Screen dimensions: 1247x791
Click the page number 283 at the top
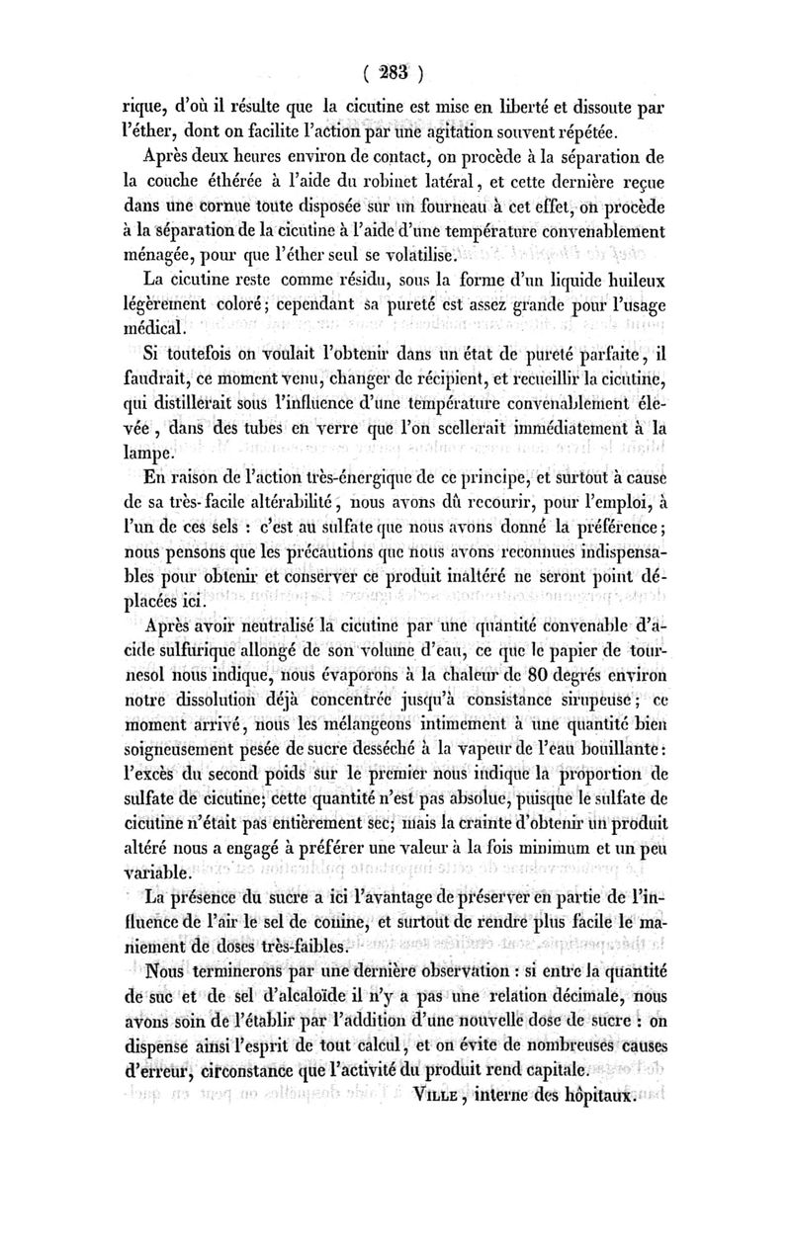394,71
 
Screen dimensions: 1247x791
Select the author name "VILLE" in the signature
454,1096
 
